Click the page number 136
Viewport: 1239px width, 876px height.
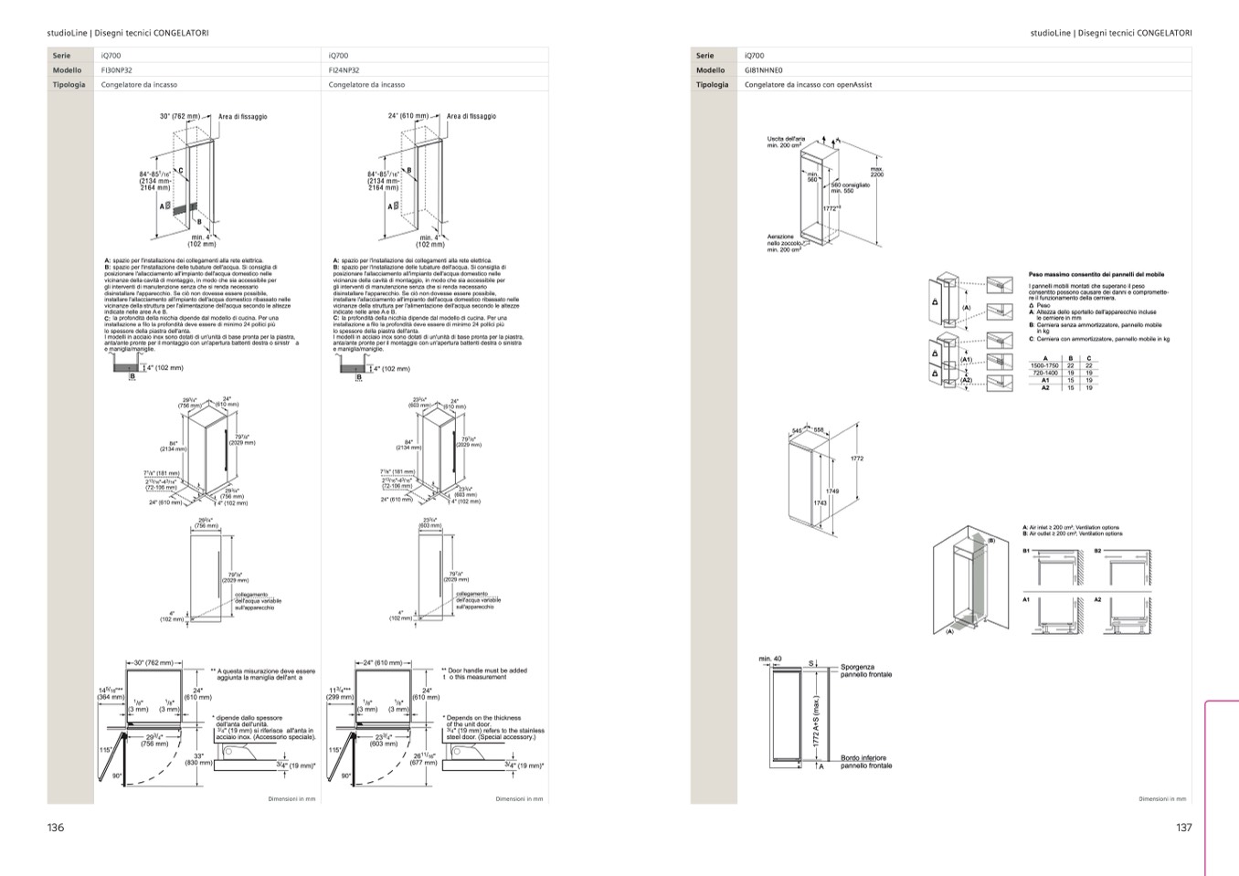(56, 828)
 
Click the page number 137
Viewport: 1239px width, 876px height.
(1183, 828)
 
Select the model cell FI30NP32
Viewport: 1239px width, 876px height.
(116, 70)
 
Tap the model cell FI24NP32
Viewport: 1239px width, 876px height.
(344, 70)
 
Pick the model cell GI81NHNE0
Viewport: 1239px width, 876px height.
(764, 70)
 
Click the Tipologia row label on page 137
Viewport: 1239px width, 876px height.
(713, 85)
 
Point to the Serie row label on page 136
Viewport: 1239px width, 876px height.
(61, 56)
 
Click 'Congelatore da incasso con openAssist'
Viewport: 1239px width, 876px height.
(809, 85)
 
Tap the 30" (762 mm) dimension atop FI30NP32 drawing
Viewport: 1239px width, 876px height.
(179, 117)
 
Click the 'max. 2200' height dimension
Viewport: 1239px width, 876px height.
(876, 171)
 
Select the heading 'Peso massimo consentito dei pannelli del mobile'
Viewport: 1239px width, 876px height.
(1096, 274)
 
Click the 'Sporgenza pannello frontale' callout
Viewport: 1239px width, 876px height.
(866, 670)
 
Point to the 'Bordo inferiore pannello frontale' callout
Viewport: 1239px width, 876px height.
(866, 762)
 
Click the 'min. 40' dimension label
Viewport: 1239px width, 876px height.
(770, 659)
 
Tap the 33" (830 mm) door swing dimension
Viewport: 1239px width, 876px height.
(199, 759)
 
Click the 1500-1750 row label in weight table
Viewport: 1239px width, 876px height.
(1044, 365)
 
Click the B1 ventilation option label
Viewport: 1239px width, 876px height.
(1026, 551)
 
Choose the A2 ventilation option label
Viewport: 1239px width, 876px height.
(1097, 600)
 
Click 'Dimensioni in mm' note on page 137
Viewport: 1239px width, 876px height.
(1162, 799)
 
